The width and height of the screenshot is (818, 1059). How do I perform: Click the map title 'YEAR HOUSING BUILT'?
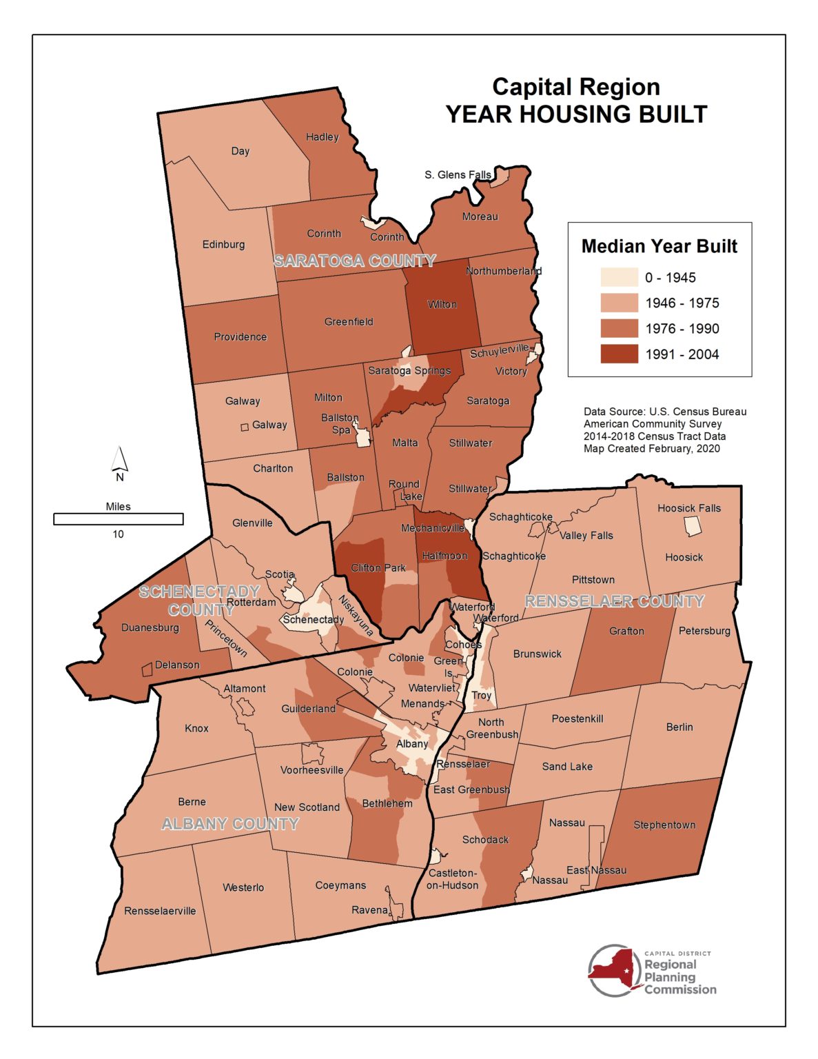pyautogui.click(x=576, y=114)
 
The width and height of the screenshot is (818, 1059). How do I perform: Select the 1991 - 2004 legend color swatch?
pyautogui.click(x=619, y=354)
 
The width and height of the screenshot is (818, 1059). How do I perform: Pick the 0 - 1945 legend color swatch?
pyautogui.click(x=619, y=278)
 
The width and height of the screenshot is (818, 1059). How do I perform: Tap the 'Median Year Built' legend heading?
pyautogui.click(x=659, y=246)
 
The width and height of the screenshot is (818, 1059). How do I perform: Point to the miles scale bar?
pyautogui.click(x=119, y=519)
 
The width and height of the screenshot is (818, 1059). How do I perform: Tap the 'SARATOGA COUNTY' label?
pyautogui.click(x=354, y=261)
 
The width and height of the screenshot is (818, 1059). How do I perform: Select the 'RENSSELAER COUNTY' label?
pyautogui.click(x=614, y=601)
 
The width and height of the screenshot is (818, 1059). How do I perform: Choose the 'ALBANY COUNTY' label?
pyautogui.click(x=230, y=824)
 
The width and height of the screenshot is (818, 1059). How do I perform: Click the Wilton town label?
pyautogui.click(x=442, y=304)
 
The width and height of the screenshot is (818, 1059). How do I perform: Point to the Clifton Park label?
pyautogui.click(x=378, y=568)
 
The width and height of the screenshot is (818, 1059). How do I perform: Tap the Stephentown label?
pyautogui.click(x=664, y=825)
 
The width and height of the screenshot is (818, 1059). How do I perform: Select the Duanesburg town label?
pyautogui.click(x=150, y=627)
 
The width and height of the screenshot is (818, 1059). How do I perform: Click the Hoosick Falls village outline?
pyautogui.click(x=693, y=527)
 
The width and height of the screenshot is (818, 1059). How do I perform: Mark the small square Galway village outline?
pyautogui.click(x=245, y=427)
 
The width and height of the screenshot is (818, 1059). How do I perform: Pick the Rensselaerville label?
pyautogui.click(x=160, y=911)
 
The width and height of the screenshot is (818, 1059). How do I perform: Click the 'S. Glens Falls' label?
pyautogui.click(x=458, y=175)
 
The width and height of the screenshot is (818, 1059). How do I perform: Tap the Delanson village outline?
pyautogui.click(x=146, y=669)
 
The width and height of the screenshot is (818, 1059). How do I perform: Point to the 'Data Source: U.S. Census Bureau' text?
pyautogui.click(x=664, y=412)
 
